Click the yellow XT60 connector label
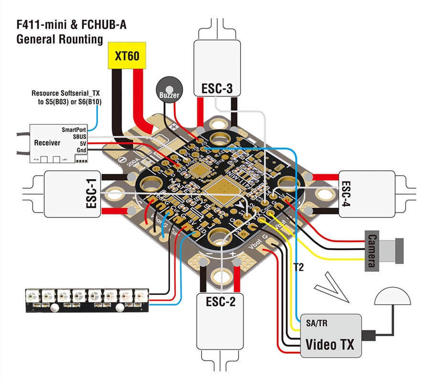pos(127,55)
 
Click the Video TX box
pos(330,336)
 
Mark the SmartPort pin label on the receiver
pos(73,129)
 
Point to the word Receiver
pos(47,142)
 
